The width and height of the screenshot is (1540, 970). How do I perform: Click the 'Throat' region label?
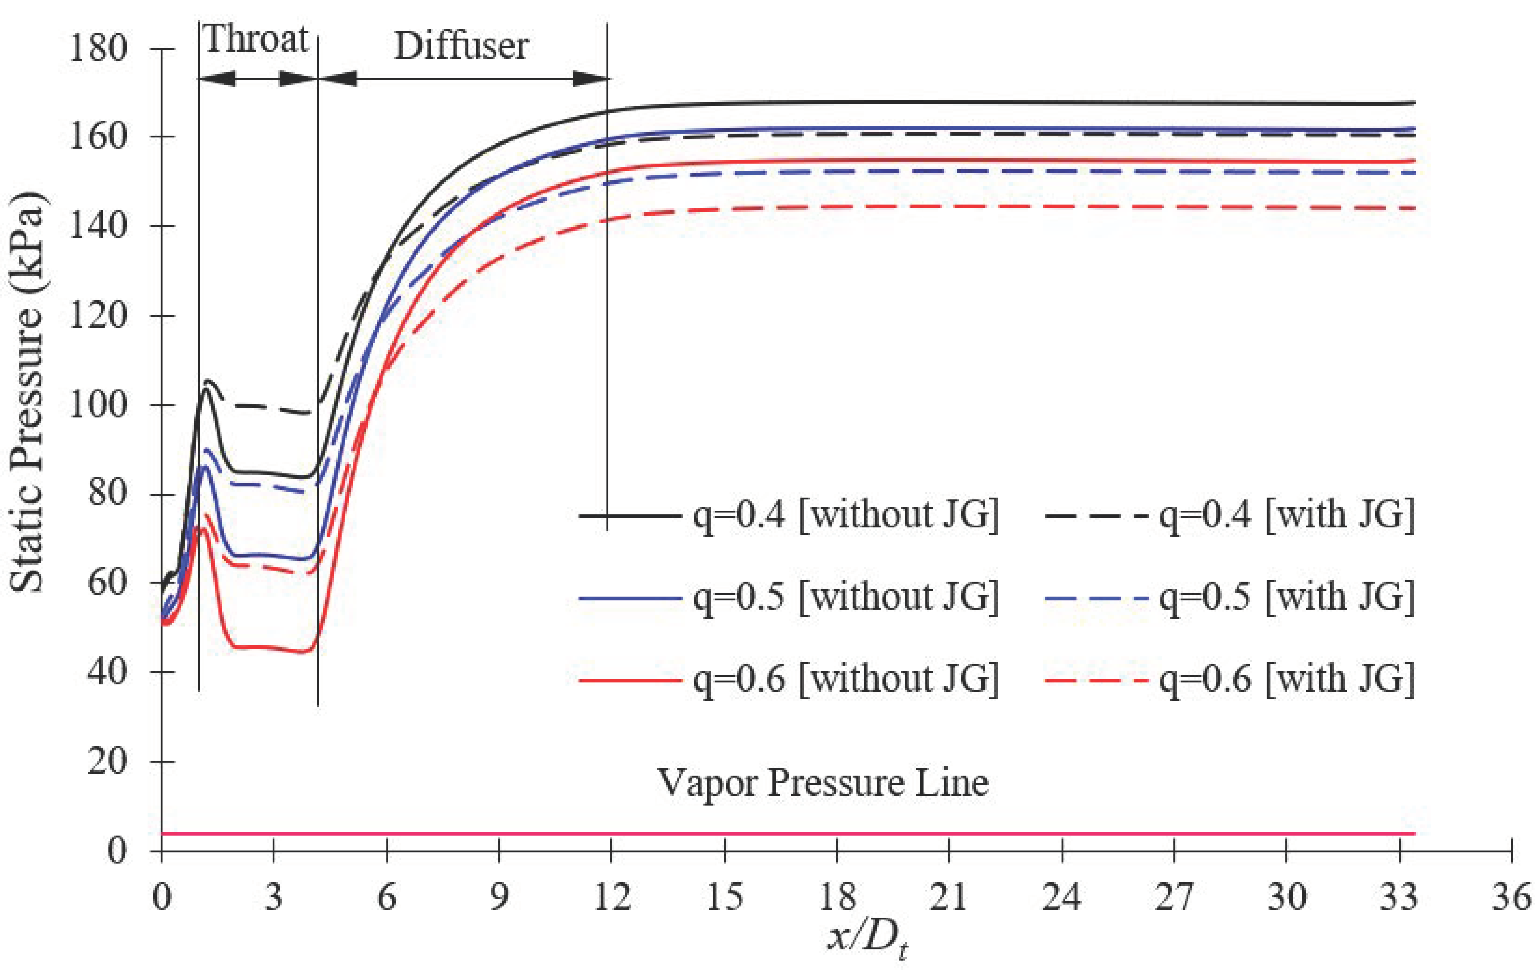(x=256, y=40)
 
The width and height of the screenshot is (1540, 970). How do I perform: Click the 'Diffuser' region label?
(x=461, y=47)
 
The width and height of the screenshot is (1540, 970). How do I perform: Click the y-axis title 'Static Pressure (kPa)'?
(x=27, y=391)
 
